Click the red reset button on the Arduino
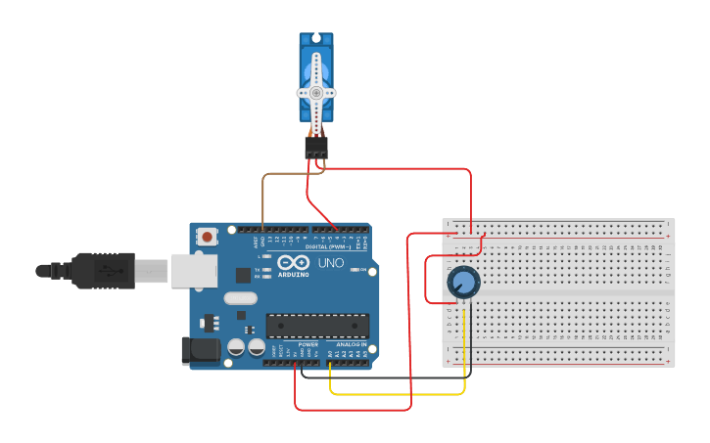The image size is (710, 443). [207, 236]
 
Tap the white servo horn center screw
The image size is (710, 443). [316, 92]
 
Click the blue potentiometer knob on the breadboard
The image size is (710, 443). [463, 284]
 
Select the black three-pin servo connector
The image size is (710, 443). [315, 147]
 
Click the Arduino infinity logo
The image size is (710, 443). [293, 262]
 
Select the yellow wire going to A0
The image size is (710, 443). [397, 394]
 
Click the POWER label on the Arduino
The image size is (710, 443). [308, 345]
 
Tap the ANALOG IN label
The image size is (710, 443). [352, 345]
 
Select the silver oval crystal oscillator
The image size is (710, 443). [240, 298]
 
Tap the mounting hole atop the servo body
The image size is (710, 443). [316, 40]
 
